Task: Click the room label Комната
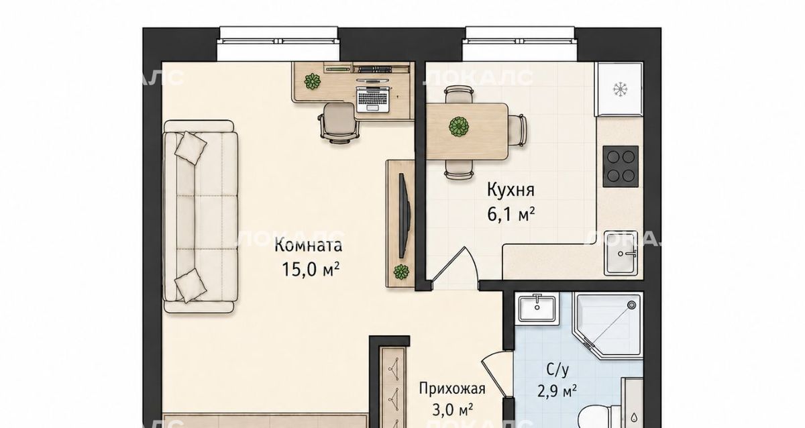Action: [x=309, y=246]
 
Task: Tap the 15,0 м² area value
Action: [x=311, y=269]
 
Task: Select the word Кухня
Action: [x=511, y=190]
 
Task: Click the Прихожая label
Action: [x=452, y=389]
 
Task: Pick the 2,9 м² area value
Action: [x=557, y=390]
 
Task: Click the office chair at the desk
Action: [x=339, y=123]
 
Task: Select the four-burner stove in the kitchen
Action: [x=621, y=166]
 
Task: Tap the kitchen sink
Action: [x=621, y=253]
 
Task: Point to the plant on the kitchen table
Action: [x=459, y=127]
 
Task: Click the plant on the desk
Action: [x=313, y=82]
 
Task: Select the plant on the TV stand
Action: [x=401, y=272]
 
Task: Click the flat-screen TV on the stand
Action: [x=405, y=215]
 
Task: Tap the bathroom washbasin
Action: [x=537, y=308]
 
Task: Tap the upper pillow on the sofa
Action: [x=191, y=148]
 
